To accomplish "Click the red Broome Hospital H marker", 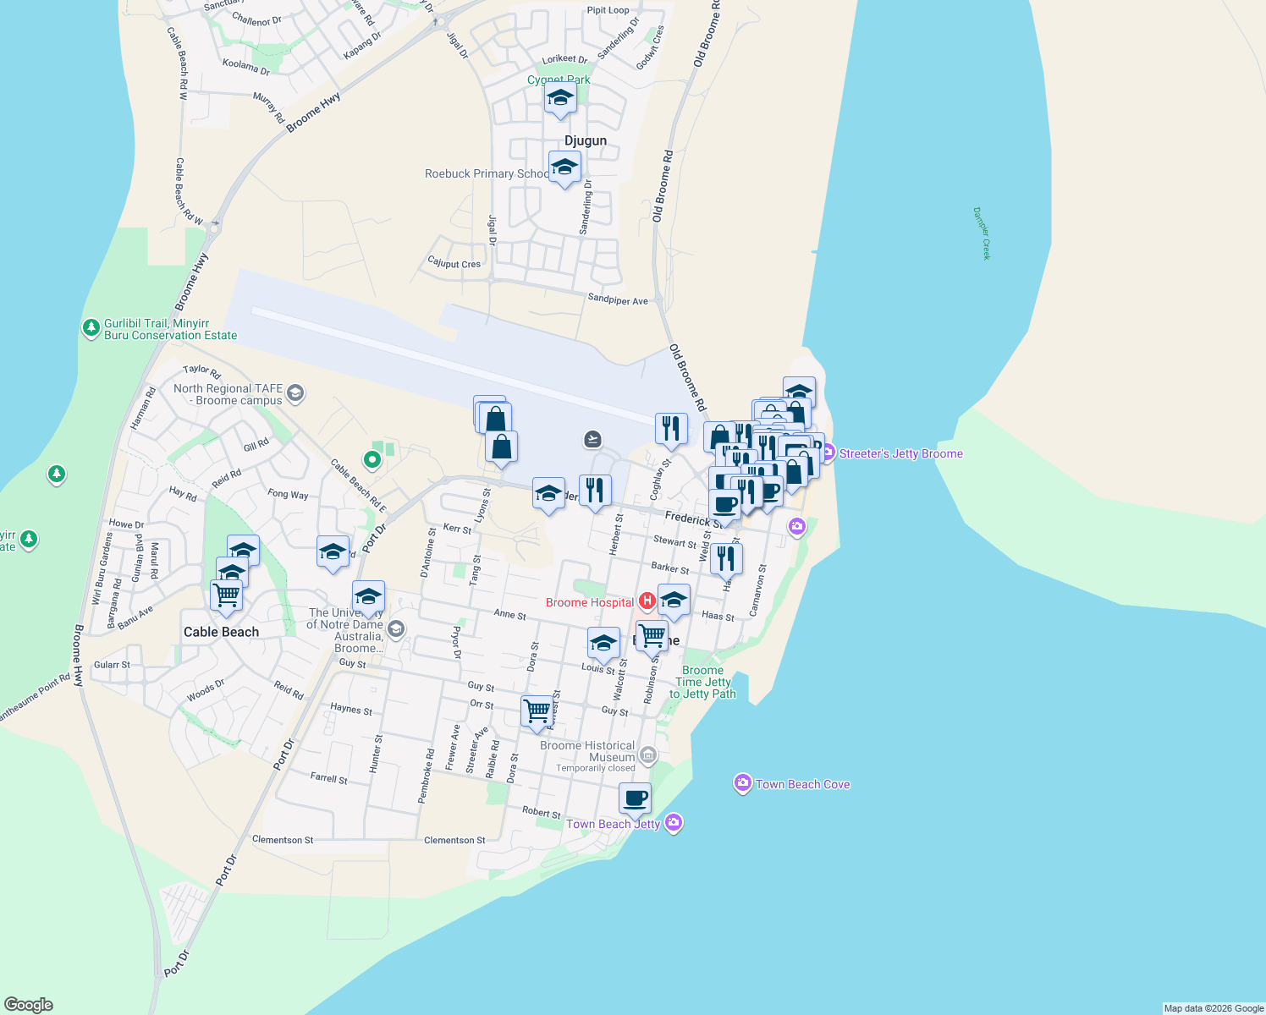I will click(647, 601).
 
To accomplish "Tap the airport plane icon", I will click(592, 439).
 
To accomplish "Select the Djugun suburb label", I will click(586, 140).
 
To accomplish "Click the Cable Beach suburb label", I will click(221, 632).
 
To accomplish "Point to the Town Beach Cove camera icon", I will click(742, 784).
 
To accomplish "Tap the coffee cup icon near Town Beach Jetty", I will click(635, 798).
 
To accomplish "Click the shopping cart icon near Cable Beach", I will click(227, 594).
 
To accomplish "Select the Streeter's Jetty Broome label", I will click(900, 453).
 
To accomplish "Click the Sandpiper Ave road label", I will click(618, 299).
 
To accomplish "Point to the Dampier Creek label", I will click(981, 233).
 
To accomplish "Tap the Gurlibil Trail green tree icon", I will click(91, 327).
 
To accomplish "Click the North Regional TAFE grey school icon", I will click(295, 392).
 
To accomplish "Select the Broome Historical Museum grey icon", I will click(647, 754).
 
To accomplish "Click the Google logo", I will click(29, 1005).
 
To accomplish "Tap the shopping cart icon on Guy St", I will click(537, 710).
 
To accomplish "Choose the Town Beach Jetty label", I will click(613, 824).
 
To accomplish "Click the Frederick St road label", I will click(693, 519).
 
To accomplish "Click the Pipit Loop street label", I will click(608, 10).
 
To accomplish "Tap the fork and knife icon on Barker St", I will click(726, 557).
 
